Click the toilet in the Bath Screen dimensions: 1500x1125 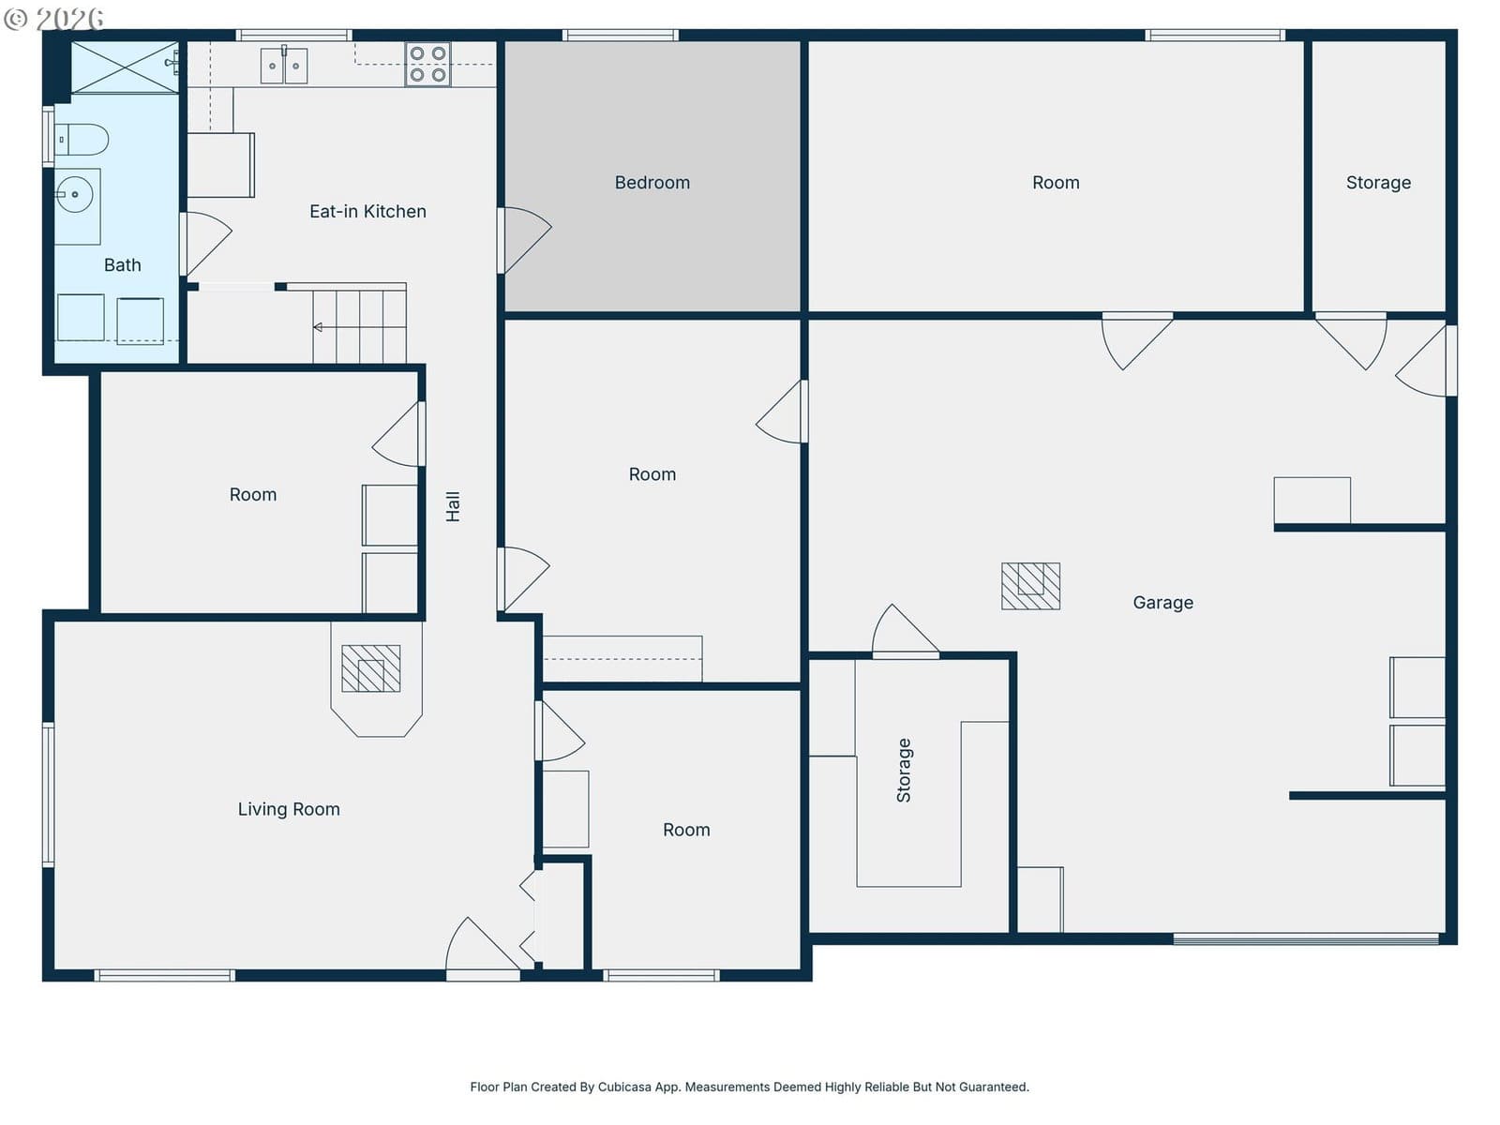tap(81, 140)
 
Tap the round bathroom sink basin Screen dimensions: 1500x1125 tap(74, 195)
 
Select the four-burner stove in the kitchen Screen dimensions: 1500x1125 tap(427, 64)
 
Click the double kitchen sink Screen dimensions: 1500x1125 tap(284, 67)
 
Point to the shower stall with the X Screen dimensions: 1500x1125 tap(125, 67)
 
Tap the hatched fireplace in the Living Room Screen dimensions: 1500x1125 tap(371, 668)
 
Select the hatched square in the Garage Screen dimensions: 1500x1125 tap(1030, 586)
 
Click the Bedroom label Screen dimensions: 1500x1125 tap(652, 183)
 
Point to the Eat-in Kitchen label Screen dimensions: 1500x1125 tap(367, 211)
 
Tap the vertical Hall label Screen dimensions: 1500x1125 tap(453, 507)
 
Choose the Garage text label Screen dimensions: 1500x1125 tap(1163, 603)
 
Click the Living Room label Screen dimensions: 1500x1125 tap(289, 809)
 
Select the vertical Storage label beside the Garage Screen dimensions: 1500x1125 tap(904, 770)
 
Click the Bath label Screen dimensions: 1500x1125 tap(122, 265)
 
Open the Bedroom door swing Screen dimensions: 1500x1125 tap(524, 240)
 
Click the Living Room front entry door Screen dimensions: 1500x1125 tap(483, 946)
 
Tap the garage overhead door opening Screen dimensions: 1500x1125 tap(1305, 939)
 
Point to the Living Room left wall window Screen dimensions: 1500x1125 tap(49, 794)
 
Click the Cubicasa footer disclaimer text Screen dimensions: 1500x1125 tap(749, 1087)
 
